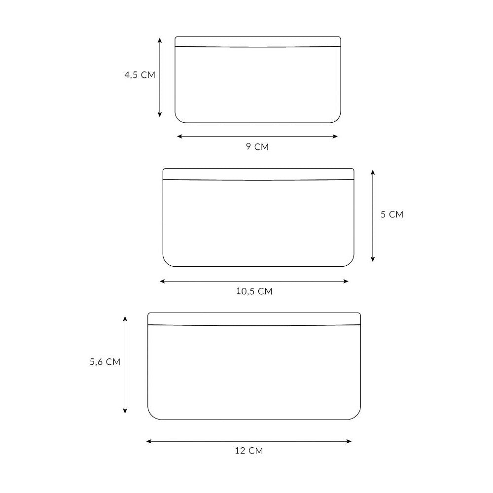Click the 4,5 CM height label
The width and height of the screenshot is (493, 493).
tap(140, 75)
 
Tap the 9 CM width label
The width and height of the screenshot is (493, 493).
tap(257, 146)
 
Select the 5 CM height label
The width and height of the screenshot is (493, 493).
tap(392, 214)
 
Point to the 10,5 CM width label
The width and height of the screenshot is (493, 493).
tap(254, 291)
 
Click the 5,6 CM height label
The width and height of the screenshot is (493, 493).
tap(105, 362)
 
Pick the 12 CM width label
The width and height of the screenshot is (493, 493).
tap(248, 451)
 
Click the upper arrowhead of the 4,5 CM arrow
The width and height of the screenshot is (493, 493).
tap(160, 40)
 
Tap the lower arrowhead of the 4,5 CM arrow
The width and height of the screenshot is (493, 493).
tap(160, 114)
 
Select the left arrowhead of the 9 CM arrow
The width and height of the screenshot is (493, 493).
tap(179, 137)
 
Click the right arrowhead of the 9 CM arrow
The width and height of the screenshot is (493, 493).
tap(335, 137)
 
